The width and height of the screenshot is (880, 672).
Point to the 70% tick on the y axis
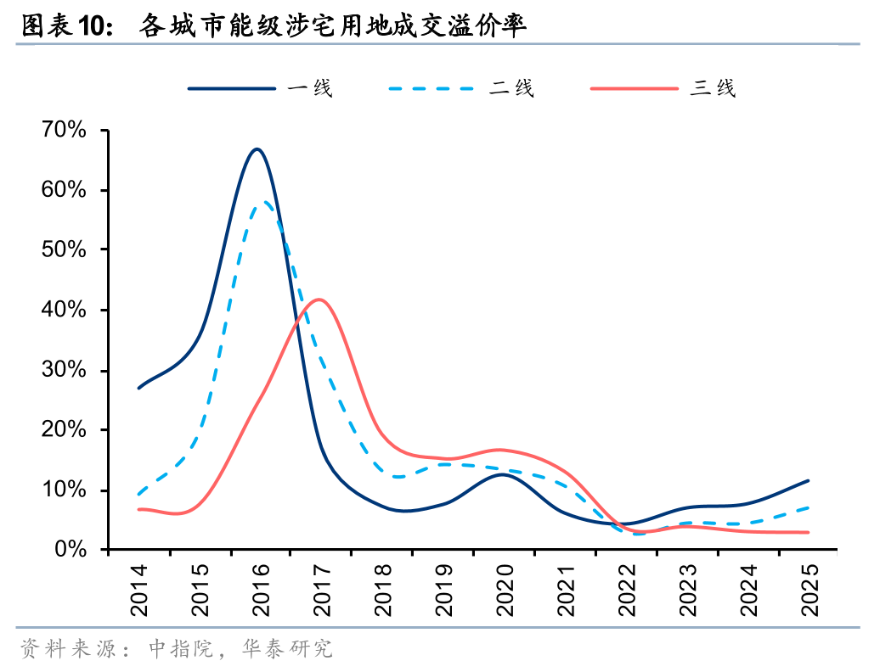tap(64, 130)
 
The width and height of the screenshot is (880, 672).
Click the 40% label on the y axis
tap(64, 310)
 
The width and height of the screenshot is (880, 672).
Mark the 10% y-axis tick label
tap(64, 490)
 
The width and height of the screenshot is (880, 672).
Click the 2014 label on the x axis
tap(138, 586)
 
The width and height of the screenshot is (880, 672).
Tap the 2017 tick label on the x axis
tap(321, 586)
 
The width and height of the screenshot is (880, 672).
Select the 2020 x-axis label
tap(504, 586)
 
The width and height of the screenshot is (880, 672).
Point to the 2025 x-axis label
tap(809, 586)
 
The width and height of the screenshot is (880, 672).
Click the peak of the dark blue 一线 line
tap(257, 149)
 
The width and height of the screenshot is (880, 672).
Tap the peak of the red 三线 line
tap(319, 299)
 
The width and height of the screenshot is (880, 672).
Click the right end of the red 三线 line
tap(809, 533)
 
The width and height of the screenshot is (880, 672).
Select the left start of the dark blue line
tap(138, 388)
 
